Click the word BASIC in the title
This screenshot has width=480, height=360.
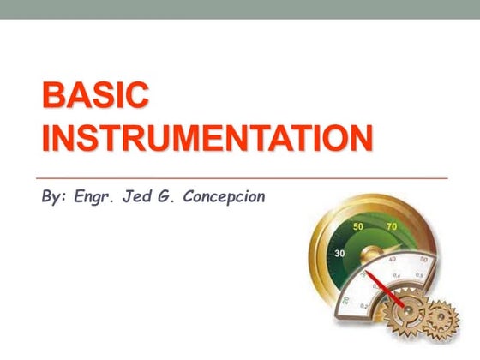pos(95,96)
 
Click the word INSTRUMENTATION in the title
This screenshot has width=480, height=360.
pos(207,139)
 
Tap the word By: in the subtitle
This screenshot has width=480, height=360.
pos(54,196)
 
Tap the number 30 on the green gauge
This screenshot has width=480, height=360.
pos(339,254)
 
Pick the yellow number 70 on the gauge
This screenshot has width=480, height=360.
pos(392,227)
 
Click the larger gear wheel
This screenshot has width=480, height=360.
pos(403,319)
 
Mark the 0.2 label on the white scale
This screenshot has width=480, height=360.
pos(364,307)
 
